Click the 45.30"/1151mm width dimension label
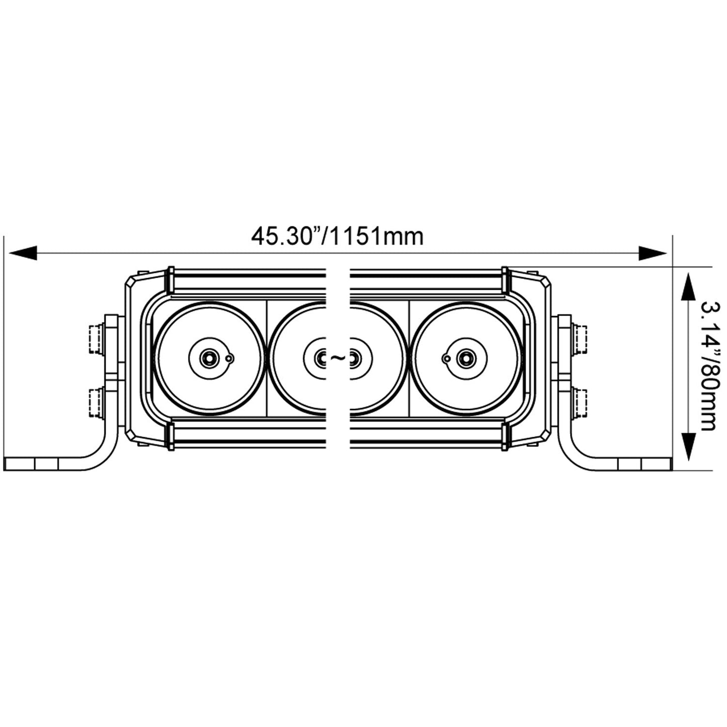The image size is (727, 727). [x=337, y=236]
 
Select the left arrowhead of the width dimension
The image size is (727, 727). [x=23, y=253]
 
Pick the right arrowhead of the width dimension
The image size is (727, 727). [x=653, y=253]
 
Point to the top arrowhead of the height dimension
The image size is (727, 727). [x=687, y=287]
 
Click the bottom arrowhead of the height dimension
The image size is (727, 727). [x=687, y=447]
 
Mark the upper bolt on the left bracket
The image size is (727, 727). [x=96, y=339]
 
